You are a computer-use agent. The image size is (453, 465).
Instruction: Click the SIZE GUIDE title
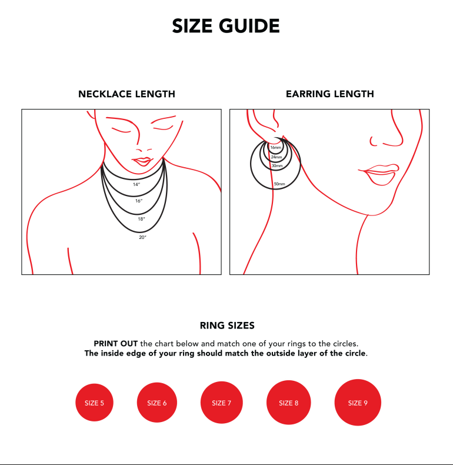tap(226, 26)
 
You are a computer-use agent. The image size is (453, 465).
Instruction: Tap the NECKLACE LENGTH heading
tap(126, 94)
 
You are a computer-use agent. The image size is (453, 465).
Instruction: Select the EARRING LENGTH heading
tap(329, 94)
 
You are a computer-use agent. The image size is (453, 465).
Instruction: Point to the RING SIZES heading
tap(227, 325)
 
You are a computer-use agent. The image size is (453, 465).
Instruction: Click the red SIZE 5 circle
tap(94, 403)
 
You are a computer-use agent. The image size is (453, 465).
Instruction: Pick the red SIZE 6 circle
tap(157, 403)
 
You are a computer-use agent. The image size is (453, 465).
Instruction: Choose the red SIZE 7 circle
tap(221, 403)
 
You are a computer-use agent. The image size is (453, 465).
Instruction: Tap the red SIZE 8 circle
tap(288, 403)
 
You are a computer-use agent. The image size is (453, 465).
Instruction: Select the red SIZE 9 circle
tap(358, 403)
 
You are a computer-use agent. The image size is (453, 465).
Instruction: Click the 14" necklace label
tap(136, 184)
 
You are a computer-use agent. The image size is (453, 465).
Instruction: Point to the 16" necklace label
tap(139, 201)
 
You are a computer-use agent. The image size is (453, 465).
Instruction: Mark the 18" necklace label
tap(141, 219)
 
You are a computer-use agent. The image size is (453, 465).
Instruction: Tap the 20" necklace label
tap(142, 237)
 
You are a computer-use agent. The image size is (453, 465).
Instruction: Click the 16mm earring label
tap(276, 147)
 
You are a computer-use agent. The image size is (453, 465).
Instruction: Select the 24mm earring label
tap(277, 157)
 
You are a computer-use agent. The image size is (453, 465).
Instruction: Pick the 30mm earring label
tap(277, 166)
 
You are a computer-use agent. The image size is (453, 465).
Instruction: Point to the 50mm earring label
tap(279, 184)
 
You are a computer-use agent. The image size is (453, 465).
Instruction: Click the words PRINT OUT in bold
tap(116, 344)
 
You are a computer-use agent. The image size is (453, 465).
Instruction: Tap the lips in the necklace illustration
tap(142, 162)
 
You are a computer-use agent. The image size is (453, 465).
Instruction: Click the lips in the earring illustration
tap(379, 174)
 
